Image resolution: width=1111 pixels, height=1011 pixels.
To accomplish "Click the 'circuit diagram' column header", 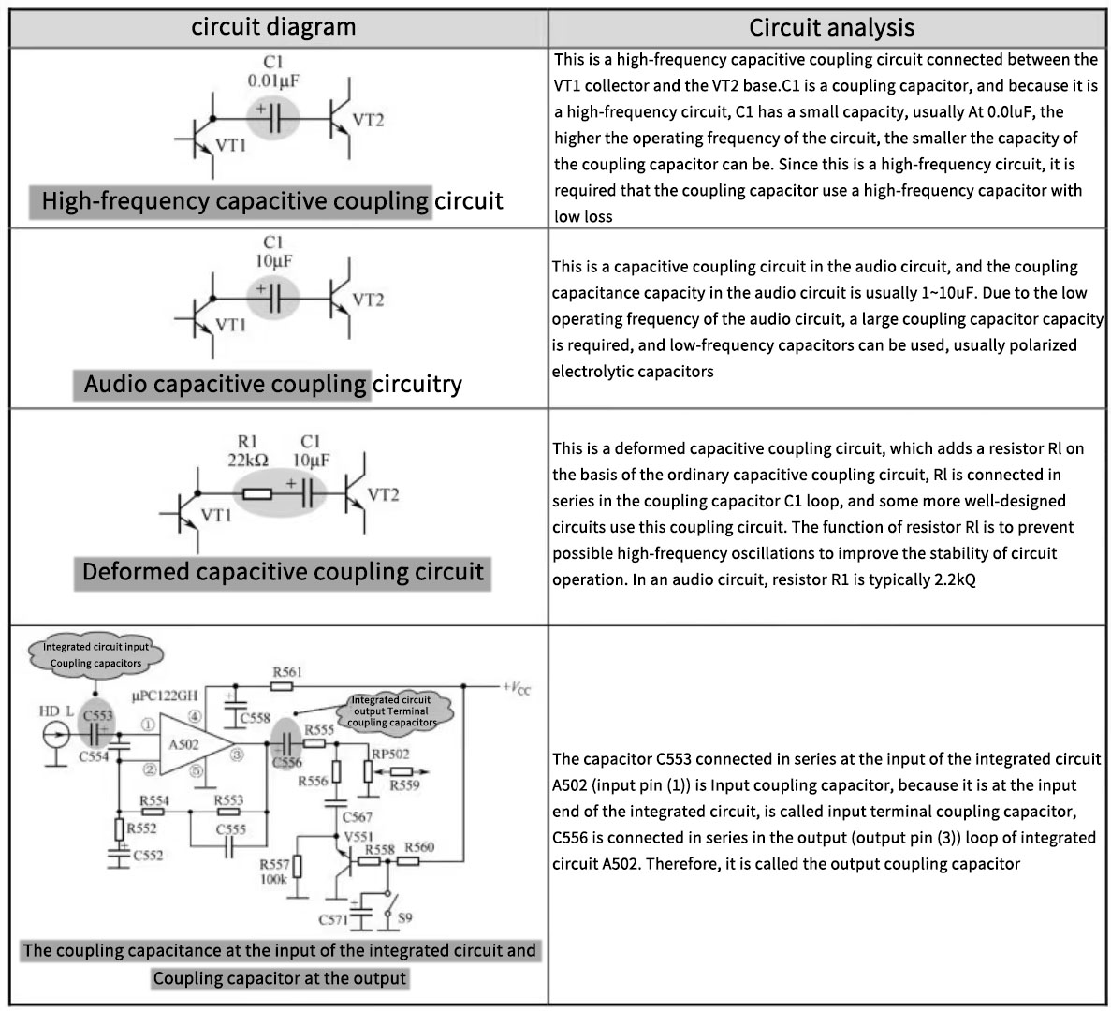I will (x=273, y=26).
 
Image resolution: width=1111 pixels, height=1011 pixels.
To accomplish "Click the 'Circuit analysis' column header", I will (x=831, y=27).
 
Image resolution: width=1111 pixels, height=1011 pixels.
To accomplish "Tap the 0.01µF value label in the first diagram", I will (x=273, y=81).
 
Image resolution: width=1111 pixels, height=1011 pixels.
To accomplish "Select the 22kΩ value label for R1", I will (x=248, y=460).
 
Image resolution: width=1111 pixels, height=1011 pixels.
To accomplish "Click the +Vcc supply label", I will (x=516, y=687).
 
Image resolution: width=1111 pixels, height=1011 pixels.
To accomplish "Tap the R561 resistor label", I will (x=286, y=672).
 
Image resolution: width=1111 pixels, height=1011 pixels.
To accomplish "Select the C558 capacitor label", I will (x=255, y=718).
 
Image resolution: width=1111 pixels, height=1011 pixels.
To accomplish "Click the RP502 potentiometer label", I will (x=390, y=754).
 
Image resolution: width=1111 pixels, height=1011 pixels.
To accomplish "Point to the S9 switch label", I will (x=404, y=918).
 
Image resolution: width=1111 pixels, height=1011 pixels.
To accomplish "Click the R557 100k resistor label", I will (x=274, y=872).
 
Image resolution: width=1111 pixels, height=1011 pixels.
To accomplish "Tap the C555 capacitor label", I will (x=230, y=829).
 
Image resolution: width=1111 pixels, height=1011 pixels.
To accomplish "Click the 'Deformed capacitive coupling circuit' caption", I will (x=283, y=572).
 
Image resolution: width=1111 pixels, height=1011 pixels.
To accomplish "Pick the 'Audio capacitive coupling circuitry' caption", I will (x=272, y=384).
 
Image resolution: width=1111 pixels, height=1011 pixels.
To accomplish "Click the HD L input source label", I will (x=55, y=712).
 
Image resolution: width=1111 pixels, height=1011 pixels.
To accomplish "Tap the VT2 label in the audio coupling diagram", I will (x=368, y=300).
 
